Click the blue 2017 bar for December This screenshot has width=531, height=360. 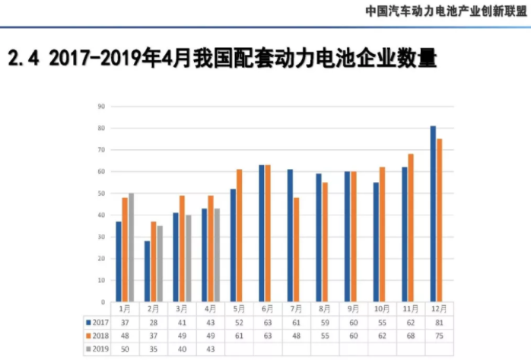pos(433,214)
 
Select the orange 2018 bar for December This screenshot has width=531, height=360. pos(440,221)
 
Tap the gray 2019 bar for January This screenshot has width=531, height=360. pos(131,247)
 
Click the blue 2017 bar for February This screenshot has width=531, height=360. pos(147,271)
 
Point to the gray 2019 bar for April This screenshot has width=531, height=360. pos(216,255)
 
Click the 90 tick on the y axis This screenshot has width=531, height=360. pos(101,107)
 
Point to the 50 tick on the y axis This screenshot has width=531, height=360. pos(101,193)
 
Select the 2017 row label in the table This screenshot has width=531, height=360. pos(97,323)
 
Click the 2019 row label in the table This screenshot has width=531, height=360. pos(97,349)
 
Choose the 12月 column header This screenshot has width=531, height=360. pos(437,310)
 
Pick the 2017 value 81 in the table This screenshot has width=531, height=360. pos(437,323)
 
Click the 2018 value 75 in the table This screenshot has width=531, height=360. pos(437,336)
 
